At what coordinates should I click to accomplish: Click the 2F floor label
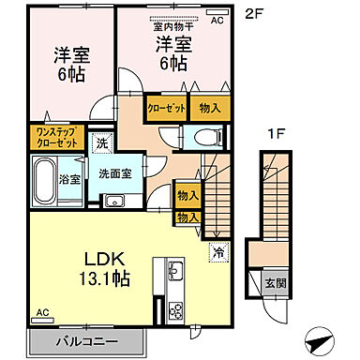254,14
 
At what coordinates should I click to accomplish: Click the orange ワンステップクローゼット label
57,138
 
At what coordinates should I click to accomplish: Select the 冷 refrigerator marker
217,251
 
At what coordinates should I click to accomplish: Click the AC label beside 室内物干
217,20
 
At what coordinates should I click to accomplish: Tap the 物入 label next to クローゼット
210,109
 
